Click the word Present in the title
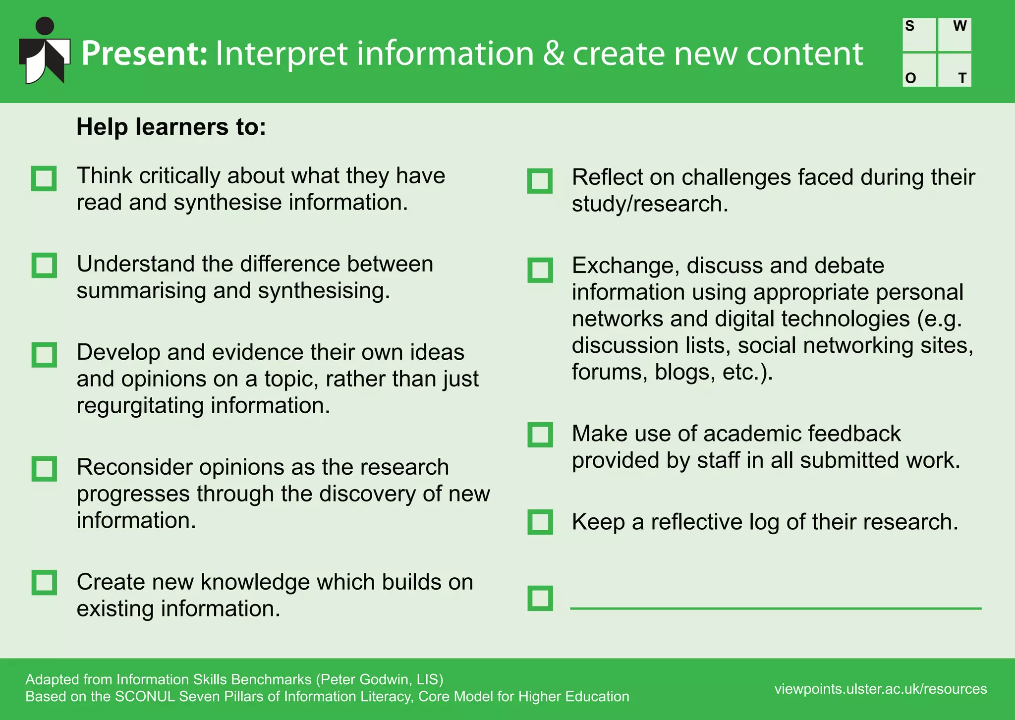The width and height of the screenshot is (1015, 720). pos(144,54)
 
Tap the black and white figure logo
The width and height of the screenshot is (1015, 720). pos(44,52)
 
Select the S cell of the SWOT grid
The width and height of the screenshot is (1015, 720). pos(919,35)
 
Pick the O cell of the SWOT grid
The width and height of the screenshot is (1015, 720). pos(919,70)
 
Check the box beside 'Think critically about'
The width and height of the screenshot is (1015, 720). pos(44,178)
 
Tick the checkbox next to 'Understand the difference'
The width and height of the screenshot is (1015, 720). pos(44,266)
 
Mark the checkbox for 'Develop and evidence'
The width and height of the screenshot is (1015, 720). pos(44,355)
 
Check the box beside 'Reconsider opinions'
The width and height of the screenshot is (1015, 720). pos(44,469)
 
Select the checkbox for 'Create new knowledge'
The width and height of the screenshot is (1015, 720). pos(44,582)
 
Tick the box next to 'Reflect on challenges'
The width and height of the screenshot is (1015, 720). pos(540,181)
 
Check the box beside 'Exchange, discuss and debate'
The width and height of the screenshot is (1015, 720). pos(540,270)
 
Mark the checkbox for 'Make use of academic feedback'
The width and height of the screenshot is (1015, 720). pos(540,435)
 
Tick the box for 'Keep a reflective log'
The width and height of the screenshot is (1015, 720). pos(540,522)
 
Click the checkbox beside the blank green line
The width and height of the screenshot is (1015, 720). pos(540,598)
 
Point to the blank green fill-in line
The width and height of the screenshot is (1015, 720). pos(776,608)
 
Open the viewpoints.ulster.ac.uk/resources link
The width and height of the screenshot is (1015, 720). pos(881,689)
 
